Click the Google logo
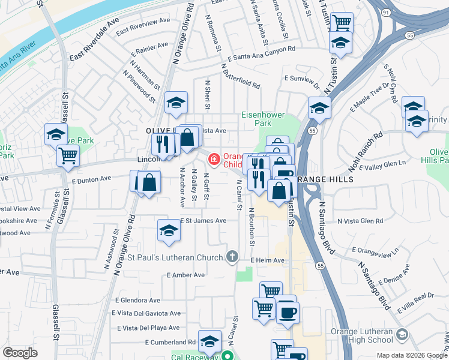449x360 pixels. (20, 353)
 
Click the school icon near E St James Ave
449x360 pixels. (169, 230)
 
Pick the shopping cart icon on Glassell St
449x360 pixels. (68, 155)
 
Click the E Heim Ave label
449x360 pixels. (268, 260)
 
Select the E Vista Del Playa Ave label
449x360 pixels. (148, 328)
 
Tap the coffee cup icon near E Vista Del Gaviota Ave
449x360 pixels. (288, 312)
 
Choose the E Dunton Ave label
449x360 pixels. (91, 179)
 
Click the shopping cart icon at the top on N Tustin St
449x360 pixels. (342, 23)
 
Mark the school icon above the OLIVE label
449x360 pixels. (176, 103)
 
